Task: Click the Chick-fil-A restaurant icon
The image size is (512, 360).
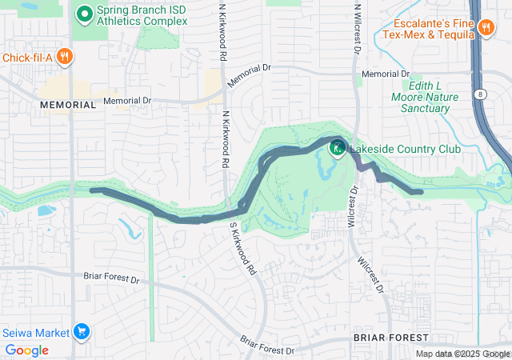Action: pyautogui.click(x=66, y=57)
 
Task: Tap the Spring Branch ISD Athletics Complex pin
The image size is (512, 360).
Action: pyautogui.click(x=85, y=14)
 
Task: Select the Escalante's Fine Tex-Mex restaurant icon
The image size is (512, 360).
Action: pyautogui.click(x=486, y=29)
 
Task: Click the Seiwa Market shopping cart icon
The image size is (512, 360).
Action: pyautogui.click(x=81, y=331)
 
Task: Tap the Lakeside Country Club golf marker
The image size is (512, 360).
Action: pyautogui.click(x=338, y=147)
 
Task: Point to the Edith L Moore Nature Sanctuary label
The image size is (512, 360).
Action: pyautogui.click(x=430, y=97)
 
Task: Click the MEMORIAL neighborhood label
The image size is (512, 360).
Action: pyautogui.click(x=68, y=105)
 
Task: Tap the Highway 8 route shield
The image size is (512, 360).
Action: pyautogui.click(x=478, y=94)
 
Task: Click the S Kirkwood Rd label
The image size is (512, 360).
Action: pyautogui.click(x=244, y=247)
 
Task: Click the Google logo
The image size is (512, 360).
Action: pyautogui.click(x=26, y=350)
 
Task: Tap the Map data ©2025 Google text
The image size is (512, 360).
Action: pyautogui.click(x=462, y=354)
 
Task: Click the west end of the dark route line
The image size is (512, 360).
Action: pyautogui.click(x=92, y=190)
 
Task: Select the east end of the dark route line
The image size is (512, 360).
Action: pyautogui.click(x=421, y=192)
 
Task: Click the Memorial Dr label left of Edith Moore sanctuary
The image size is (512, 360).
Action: pyautogui.click(x=385, y=74)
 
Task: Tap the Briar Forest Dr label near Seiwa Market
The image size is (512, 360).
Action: pyautogui.click(x=111, y=280)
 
